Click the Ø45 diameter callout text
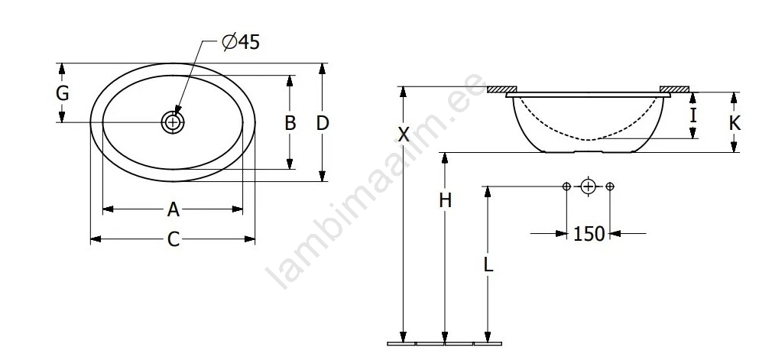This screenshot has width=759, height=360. click(241, 42)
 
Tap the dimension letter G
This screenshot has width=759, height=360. click(62, 93)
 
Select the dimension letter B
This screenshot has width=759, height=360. click(290, 123)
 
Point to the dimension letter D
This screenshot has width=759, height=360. click(323, 123)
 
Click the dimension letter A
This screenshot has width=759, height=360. click(174, 209)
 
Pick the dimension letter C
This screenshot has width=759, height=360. click(174, 239)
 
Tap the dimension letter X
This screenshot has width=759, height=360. click(404, 134)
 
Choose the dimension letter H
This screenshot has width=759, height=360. click(445, 199)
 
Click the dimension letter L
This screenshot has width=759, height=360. click(488, 264)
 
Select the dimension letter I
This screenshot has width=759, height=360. click(693, 115)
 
